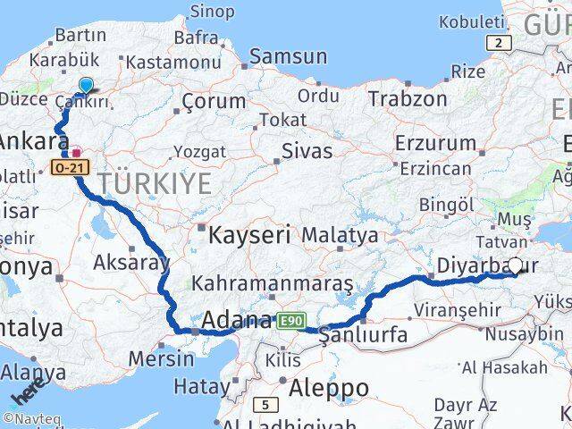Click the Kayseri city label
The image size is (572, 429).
pyautogui.click(x=249, y=236)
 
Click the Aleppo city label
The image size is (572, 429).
pyautogui.click(x=328, y=389)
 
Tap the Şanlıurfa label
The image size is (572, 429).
pyautogui.click(x=364, y=336)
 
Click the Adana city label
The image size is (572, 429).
pyautogui.click(x=237, y=320)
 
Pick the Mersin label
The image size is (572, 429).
pyautogui.click(x=161, y=359)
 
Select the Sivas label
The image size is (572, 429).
pyautogui.click(x=307, y=151)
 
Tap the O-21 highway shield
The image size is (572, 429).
pyautogui.click(x=71, y=167)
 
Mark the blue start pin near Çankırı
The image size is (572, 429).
pyautogui.click(x=85, y=85)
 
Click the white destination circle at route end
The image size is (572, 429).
pyautogui.click(x=515, y=265)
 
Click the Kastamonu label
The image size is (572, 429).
pyautogui.click(x=173, y=63)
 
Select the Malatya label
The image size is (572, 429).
pyautogui.click(x=340, y=236)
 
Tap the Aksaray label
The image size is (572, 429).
pyautogui.click(x=130, y=263)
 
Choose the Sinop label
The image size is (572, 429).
pyautogui.click(x=213, y=12)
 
